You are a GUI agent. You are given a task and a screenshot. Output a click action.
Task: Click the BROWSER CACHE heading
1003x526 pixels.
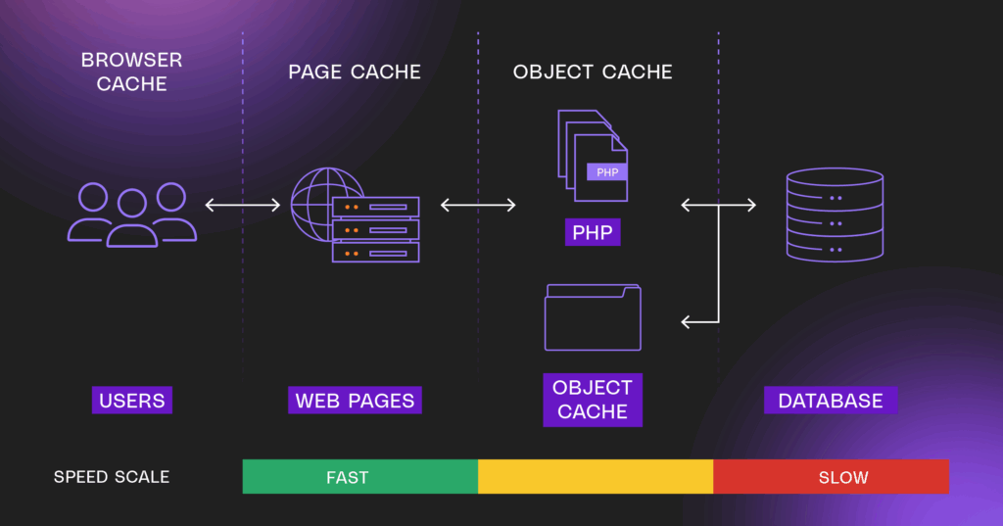pyautogui.click(x=131, y=72)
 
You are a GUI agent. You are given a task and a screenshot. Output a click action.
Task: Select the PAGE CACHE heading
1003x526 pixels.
pyautogui.click(x=355, y=72)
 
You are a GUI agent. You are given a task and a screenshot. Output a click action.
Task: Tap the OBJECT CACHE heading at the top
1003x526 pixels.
pyautogui.click(x=593, y=72)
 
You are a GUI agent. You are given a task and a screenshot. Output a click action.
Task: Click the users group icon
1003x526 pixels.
pyautogui.click(x=131, y=214)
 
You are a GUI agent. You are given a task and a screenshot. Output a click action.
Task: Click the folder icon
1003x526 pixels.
pyautogui.click(x=593, y=317)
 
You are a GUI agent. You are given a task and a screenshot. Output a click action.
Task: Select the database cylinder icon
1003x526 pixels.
pyautogui.click(x=835, y=215)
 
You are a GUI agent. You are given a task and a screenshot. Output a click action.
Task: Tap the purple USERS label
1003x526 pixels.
pyautogui.click(x=131, y=400)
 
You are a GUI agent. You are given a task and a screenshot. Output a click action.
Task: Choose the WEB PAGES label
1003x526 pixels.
pyautogui.click(x=355, y=400)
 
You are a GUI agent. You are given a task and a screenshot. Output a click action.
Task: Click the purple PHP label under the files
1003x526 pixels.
pyautogui.click(x=593, y=232)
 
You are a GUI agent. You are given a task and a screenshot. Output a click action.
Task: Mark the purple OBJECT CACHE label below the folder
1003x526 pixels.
pyautogui.click(x=593, y=399)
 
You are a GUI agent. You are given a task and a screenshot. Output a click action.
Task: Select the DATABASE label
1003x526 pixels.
pyautogui.click(x=831, y=400)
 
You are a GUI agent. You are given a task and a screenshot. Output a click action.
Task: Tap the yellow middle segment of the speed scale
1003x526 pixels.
pyautogui.click(x=596, y=477)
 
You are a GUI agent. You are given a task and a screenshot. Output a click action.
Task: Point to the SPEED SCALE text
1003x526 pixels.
pyautogui.click(x=112, y=477)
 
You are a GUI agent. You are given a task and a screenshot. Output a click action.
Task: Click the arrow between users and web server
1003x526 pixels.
pyautogui.click(x=243, y=205)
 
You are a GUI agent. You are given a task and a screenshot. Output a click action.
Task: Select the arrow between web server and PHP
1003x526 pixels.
pyautogui.click(x=478, y=205)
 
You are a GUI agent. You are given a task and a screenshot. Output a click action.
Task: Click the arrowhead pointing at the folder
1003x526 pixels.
pyautogui.click(x=686, y=321)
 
